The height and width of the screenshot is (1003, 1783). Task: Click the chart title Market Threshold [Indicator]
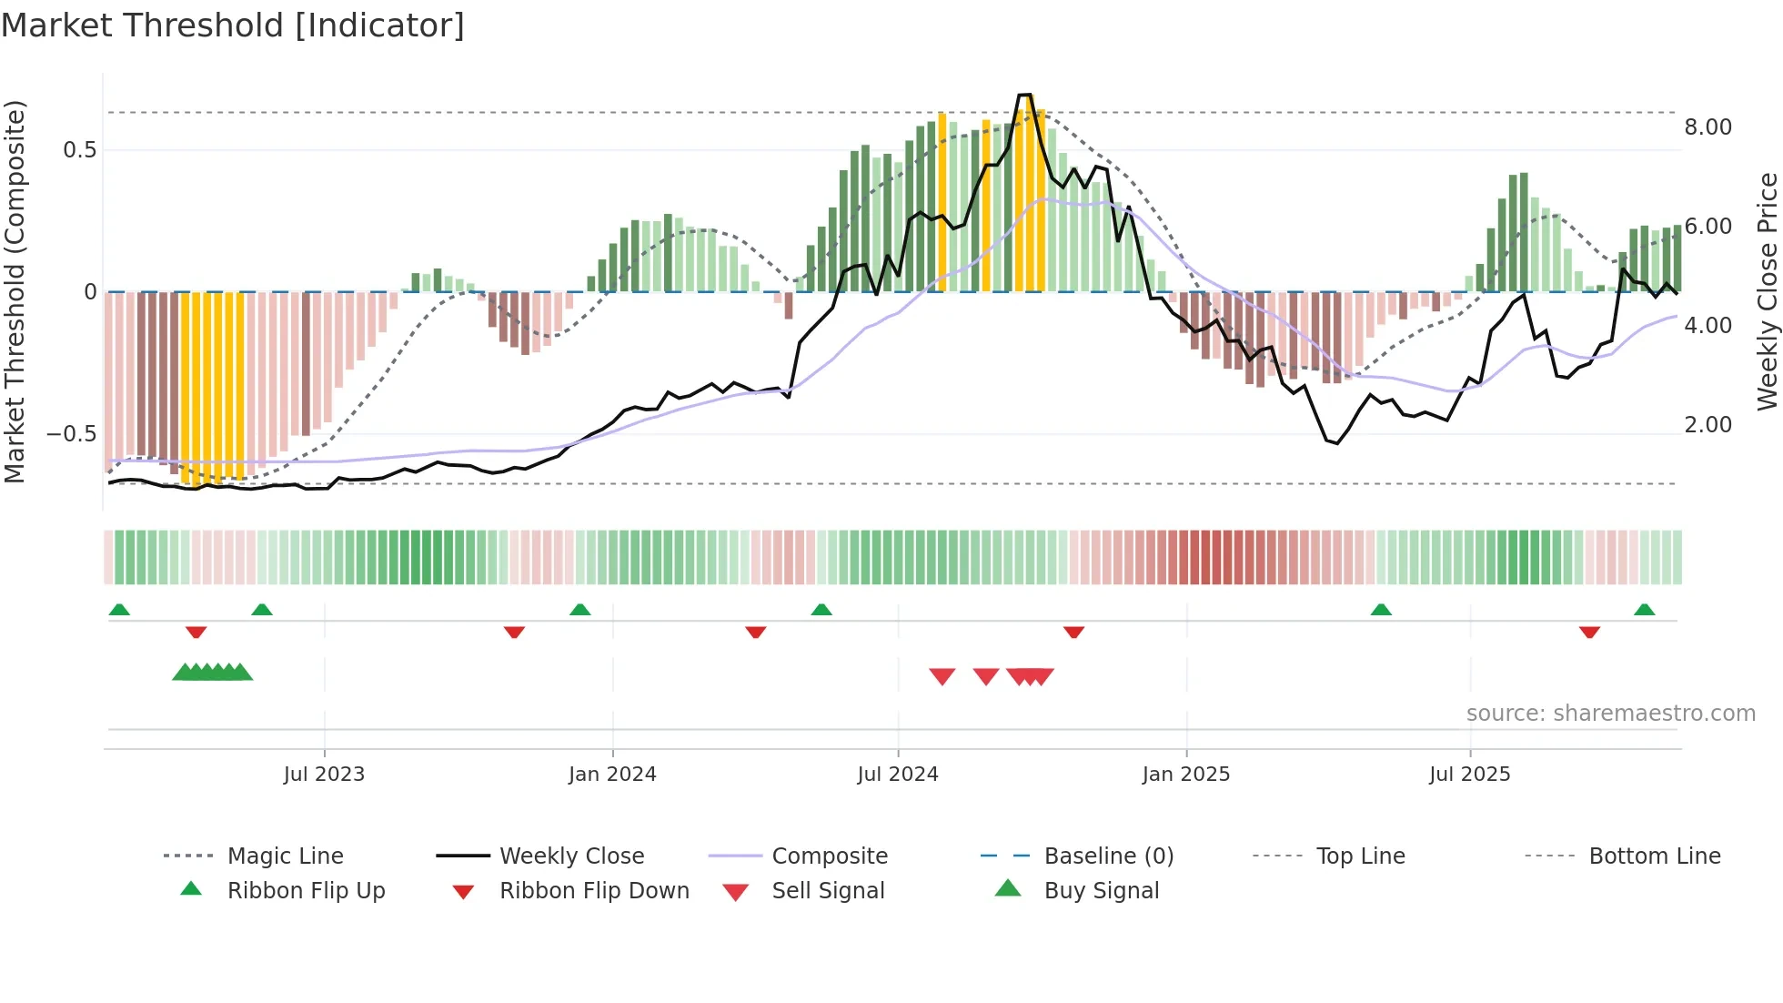pyautogui.click(x=233, y=25)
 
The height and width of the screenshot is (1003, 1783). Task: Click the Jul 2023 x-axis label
pyautogui.click(x=324, y=775)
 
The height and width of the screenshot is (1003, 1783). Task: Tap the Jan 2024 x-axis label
pyautogui.click(x=612, y=775)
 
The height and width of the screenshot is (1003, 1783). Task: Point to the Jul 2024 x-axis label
pyautogui.click(x=898, y=775)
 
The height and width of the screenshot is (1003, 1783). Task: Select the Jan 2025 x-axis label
pyautogui.click(x=1186, y=775)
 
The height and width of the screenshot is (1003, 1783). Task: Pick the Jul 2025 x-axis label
pyautogui.click(x=1470, y=775)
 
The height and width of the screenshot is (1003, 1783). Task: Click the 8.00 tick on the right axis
pyautogui.click(x=1707, y=127)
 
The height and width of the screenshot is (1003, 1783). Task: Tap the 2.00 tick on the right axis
pyautogui.click(x=1707, y=425)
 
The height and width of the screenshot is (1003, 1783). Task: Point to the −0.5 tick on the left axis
pyautogui.click(x=72, y=434)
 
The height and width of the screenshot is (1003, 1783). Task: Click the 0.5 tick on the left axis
pyautogui.click(x=80, y=150)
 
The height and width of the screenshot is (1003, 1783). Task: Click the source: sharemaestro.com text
pyautogui.click(x=1610, y=714)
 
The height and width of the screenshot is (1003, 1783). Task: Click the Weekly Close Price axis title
pyautogui.click(x=1767, y=291)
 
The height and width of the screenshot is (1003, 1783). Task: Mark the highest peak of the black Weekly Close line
pyautogui.click(x=1024, y=95)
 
